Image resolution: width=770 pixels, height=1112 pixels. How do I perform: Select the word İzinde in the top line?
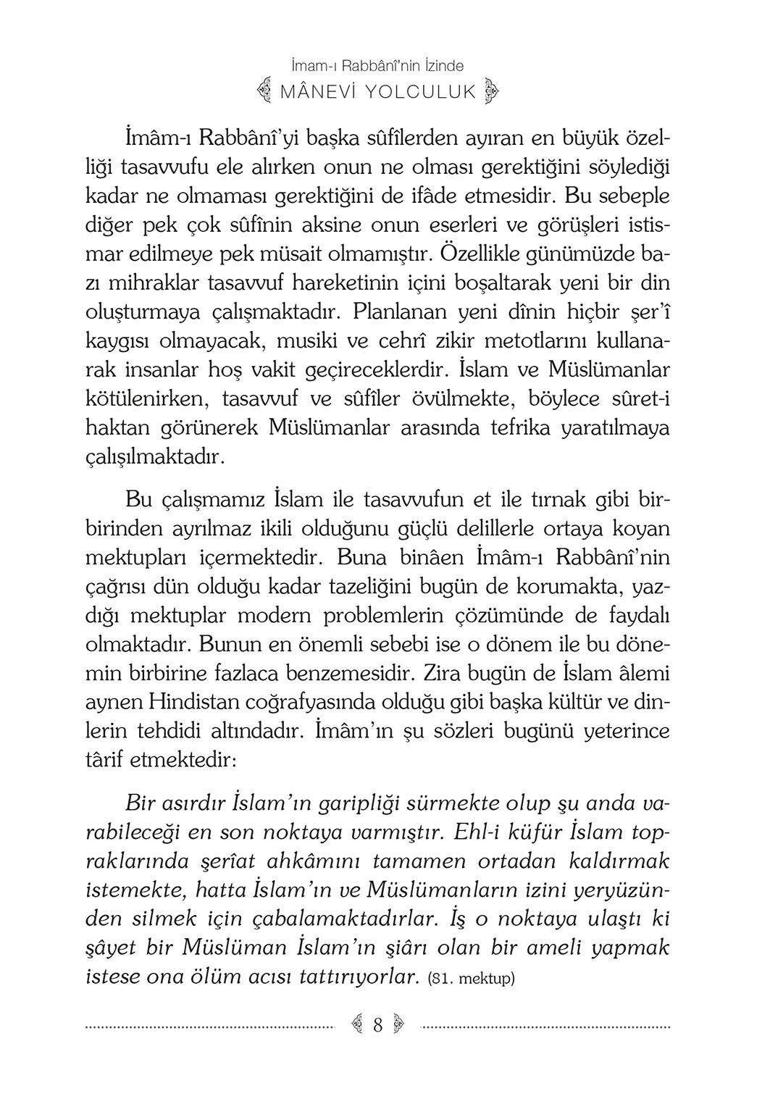pos(440,66)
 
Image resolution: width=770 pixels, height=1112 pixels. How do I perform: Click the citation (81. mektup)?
pos(471,978)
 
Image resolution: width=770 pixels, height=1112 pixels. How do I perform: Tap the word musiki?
pos(308,340)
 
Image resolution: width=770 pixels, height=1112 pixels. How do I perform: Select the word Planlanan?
pos(402,312)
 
